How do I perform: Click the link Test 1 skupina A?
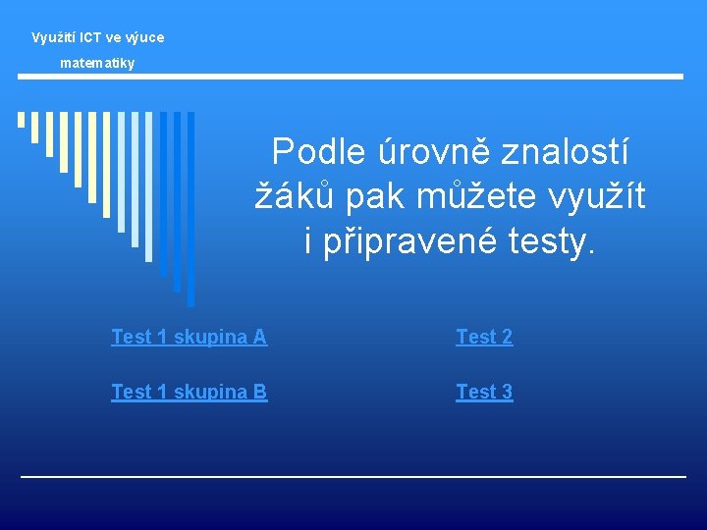[x=189, y=337]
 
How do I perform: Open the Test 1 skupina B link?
[x=189, y=392]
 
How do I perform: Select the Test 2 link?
[x=484, y=337]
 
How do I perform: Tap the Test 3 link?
[x=484, y=392]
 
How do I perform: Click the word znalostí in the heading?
[x=566, y=152]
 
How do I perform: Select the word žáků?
[x=291, y=196]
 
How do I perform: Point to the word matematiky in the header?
[x=97, y=63]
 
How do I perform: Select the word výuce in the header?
[x=142, y=37]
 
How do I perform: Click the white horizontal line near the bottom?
[x=353, y=477]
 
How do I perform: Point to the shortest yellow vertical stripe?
[x=21, y=120]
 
